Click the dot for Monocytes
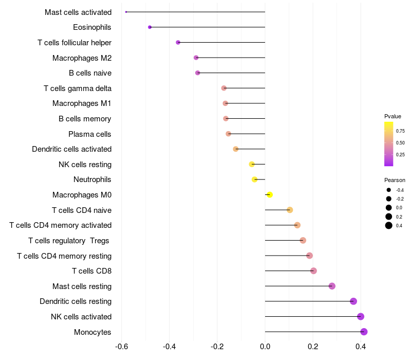pos(364,332)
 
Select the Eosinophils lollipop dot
pos(150,27)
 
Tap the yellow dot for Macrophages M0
pos(270,194)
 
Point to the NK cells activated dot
pos(361,317)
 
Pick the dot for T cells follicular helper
pos(178,42)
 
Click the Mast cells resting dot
pos(332,286)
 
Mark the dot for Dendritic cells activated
pos(236,149)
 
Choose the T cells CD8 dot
pos(313,271)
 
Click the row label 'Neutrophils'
pos(92,179)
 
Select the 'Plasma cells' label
pos(90,134)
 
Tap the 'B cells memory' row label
pos(85,119)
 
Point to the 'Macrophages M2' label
pos(82,58)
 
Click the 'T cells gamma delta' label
pos(78,88)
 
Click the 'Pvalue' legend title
pos(393,116)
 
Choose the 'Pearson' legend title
pos(395,181)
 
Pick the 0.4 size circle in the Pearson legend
pos(389,225)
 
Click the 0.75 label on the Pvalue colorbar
pos(400,131)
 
